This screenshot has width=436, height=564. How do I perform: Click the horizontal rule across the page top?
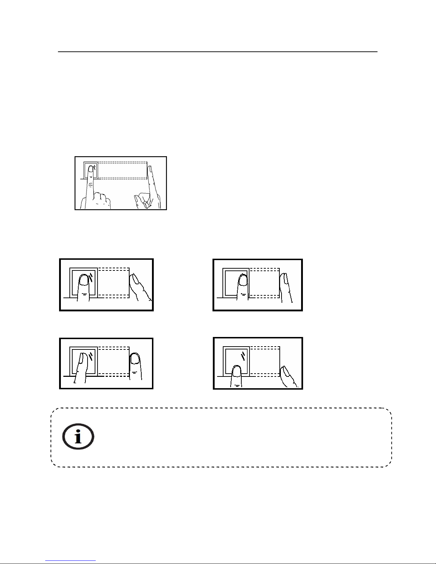click(x=217, y=52)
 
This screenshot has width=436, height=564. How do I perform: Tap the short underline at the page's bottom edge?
click(x=71, y=560)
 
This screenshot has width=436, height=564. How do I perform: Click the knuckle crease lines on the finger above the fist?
click(x=90, y=185)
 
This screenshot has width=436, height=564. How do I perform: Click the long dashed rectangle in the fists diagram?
click(x=122, y=170)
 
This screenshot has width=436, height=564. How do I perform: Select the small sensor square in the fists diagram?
click(x=91, y=169)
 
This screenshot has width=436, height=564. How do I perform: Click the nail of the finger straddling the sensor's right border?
click(x=243, y=280)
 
